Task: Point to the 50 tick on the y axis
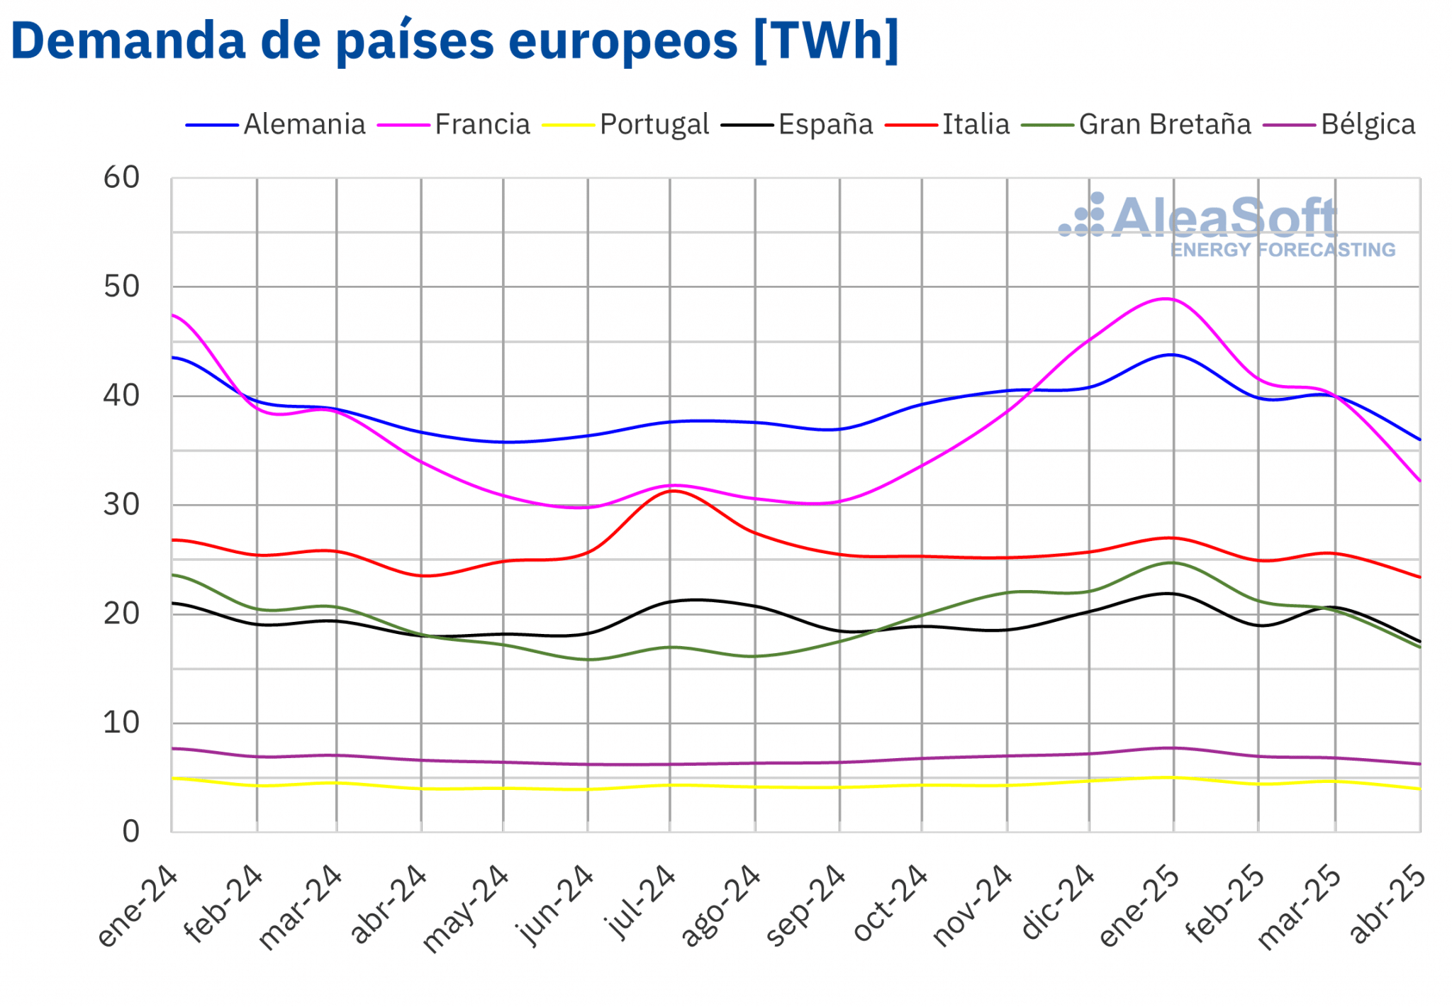click(121, 287)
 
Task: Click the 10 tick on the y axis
click(121, 723)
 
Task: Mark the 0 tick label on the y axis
click(130, 832)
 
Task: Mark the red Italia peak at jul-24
click(673, 491)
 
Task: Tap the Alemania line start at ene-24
click(172, 357)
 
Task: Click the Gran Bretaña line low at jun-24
click(588, 660)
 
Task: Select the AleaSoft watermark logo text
click(1224, 218)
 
